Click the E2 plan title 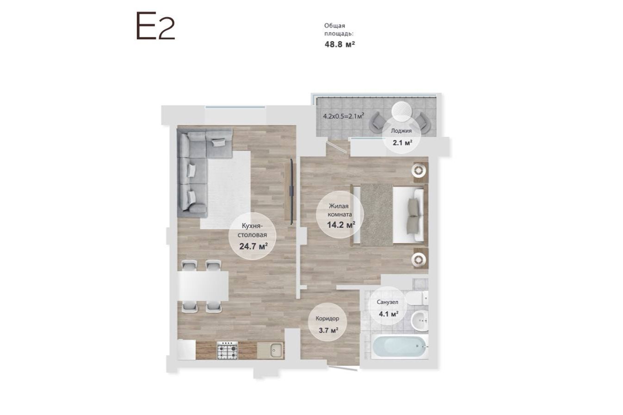[155, 25]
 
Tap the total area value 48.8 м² [339, 44]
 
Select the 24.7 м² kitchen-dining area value [253, 246]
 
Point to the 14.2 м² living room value [341, 225]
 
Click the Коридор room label [327, 318]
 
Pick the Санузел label [388, 302]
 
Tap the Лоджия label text [401, 131]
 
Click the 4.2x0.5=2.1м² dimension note [344, 116]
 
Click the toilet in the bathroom [417, 298]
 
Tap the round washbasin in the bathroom [419, 321]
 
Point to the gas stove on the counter [227, 350]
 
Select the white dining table [203, 286]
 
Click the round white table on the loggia [402, 111]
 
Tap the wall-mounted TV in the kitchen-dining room [291, 191]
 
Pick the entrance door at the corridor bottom [343, 368]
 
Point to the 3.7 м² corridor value [328, 330]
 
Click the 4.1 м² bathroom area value [389, 314]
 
